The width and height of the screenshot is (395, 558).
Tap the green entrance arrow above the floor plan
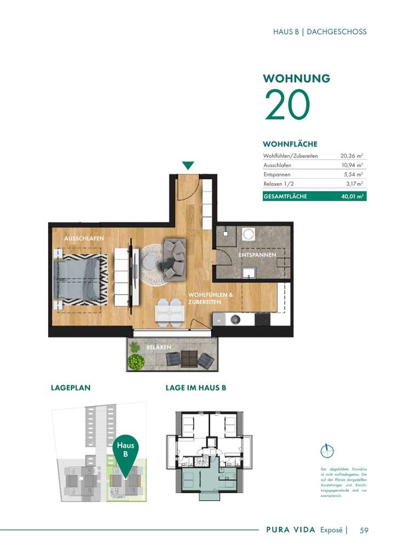pyautogui.click(x=188, y=165)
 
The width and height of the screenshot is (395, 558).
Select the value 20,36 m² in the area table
pyautogui.click(x=352, y=156)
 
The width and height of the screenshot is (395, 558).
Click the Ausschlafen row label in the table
pyautogui.click(x=277, y=165)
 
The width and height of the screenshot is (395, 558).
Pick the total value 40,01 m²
pyautogui.click(x=353, y=196)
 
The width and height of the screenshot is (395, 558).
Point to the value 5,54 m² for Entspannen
pyautogui.click(x=353, y=174)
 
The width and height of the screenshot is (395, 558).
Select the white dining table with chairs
pyautogui.click(x=169, y=312)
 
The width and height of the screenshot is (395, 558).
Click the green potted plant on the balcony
pyautogui.click(x=136, y=362)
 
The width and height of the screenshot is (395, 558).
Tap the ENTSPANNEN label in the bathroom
pyautogui.click(x=257, y=256)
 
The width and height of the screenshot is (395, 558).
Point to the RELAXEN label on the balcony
pyautogui.click(x=159, y=347)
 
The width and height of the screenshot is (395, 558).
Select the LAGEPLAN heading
pyautogui.click(x=70, y=387)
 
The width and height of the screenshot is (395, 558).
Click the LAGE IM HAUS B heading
pyautogui.click(x=196, y=387)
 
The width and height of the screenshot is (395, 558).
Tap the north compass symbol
pyautogui.click(x=326, y=450)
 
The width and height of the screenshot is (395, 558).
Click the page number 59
pyautogui.click(x=364, y=530)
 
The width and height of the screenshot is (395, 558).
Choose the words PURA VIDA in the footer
pyautogui.click(x=290, y=530)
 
